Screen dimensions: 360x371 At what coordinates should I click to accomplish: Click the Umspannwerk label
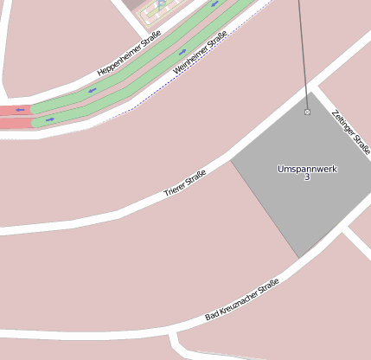pyautogui.click(x=307, y=168)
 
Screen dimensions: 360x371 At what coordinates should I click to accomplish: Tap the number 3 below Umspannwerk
pyautogui.click(x=307, y=177)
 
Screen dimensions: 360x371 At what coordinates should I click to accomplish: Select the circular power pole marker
pyautogui.click(x=307, y=112)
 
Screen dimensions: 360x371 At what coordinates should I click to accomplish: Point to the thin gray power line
pyautogui.click(x=302, y=52)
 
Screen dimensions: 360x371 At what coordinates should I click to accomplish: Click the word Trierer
pyautogui.click(x=176, y=190)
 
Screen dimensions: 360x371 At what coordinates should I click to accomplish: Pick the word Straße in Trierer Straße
pyautogui.click(x=196, y=178)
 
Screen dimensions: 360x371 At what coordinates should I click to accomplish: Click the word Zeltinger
pyautogui.click(x=342, y=122)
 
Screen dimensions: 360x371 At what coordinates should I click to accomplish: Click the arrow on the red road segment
pyautogui.click(x=19, y=110)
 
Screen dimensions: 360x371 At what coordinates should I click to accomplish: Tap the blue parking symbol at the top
pyautogui.click(x=161, y=4)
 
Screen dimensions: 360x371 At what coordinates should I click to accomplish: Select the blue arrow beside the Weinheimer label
pyautogui.click(x=182, y=51)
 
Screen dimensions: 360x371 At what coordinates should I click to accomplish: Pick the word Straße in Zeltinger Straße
pyautogui.click(x=362, y=142)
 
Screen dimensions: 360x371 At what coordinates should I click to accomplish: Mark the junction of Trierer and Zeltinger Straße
pyautogui.click(x=314, y=87)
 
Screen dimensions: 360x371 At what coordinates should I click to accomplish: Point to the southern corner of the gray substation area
pyautogui.click(x=299, y=258)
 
